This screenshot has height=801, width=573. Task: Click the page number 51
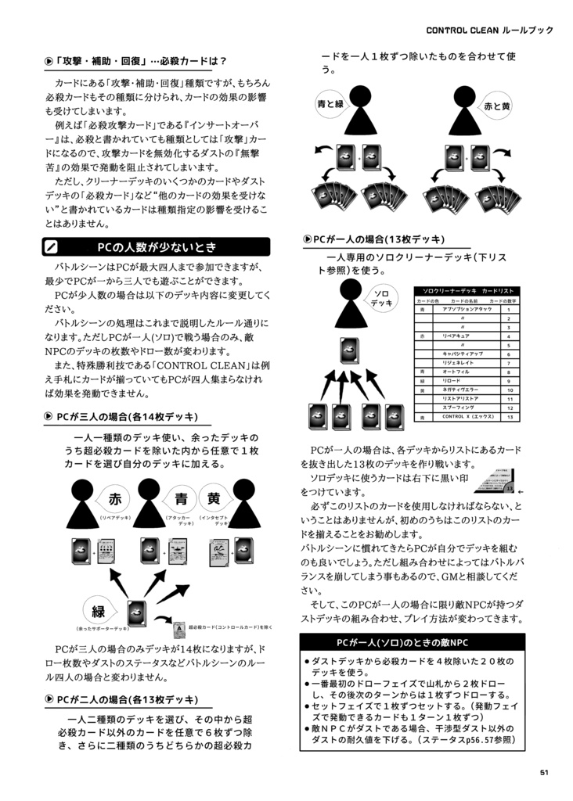(543, 773)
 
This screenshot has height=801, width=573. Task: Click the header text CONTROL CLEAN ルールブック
(489, 30)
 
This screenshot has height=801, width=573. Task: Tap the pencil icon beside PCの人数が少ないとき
(52, 247)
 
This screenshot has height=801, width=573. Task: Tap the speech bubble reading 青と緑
(330, 105)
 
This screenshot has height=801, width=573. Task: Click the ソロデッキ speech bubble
(381, 298)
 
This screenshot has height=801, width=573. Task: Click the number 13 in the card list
(510, 417)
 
